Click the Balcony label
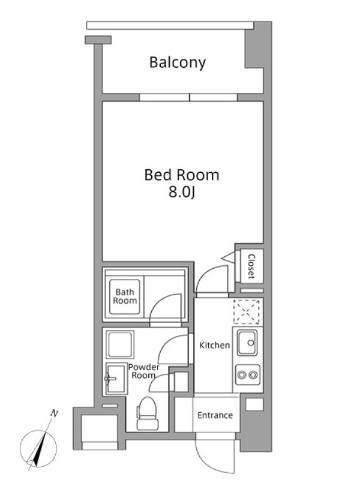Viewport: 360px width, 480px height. click(x=178, y=63)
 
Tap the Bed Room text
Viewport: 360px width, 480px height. click(x=182, y=175)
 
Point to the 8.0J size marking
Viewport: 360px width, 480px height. click(x=182, y=193)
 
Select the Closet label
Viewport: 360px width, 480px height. click(x=251, y=266)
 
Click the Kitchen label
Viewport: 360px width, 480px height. click(x=214, y=346)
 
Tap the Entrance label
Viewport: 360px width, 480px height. click(x=215, y=415)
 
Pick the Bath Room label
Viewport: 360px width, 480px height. click(x=125, y=296)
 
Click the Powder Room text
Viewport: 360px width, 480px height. click(x=143, y=371)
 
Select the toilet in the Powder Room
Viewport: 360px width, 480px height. click(x=148, y=413)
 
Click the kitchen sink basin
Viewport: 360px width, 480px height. click(x=247, y=343)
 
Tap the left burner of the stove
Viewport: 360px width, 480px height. click(x=242, y=374)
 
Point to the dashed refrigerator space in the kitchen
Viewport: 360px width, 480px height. click(x=247, y=312)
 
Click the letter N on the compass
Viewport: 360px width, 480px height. click(x=54, y=414)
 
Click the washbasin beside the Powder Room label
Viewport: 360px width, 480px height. click(x=116, y=379)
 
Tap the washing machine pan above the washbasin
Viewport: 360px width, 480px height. click(x=120, y=344)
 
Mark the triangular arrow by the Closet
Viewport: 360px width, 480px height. click(x=229, y=257)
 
